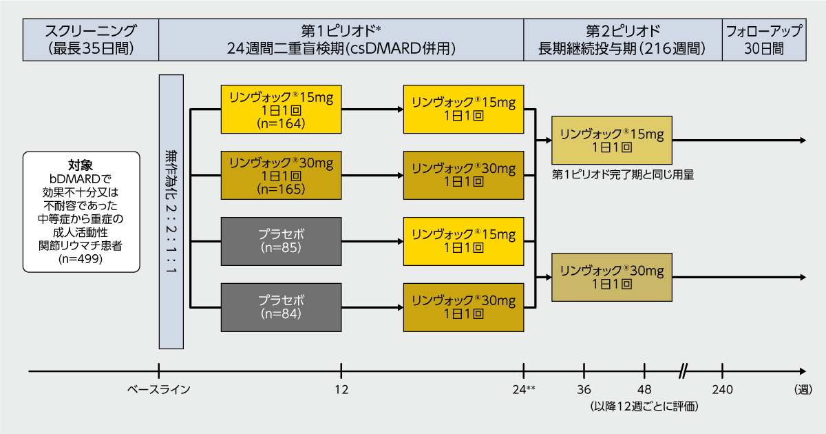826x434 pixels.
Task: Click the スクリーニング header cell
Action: [x=91, y=40]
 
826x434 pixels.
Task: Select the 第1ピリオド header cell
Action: [x=341, y=40]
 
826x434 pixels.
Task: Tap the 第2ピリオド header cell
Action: [x=623, y=40]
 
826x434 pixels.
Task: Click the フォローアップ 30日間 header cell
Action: [x=764, y=40]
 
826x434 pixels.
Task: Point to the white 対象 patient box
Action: [x=81, y=212]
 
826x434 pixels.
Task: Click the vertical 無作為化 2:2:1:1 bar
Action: [x=171, y=212]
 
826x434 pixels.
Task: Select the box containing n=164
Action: [x=281, y=110]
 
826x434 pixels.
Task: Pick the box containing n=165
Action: [x=281, y=175]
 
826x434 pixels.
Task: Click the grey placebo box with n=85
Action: [x=281, y=241]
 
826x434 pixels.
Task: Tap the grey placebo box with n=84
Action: [x=281, y=307]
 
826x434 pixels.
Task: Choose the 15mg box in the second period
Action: [x=612, y=141]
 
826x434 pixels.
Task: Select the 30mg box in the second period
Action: [x=612, y=277]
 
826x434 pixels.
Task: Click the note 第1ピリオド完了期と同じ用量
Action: [x=623, y=174]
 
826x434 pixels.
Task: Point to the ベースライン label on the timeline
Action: [x=158, y=389]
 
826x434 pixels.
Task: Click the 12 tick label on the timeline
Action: [x=341, y=389]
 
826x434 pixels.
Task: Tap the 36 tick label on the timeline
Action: [x=584, y=389]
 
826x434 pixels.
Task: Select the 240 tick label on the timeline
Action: [x=722, y=389]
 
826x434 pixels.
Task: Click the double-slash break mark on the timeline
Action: [x=684, y=371]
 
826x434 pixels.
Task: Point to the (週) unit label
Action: [x=803, y=389]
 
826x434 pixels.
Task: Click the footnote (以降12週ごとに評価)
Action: [x=644, y=406]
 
